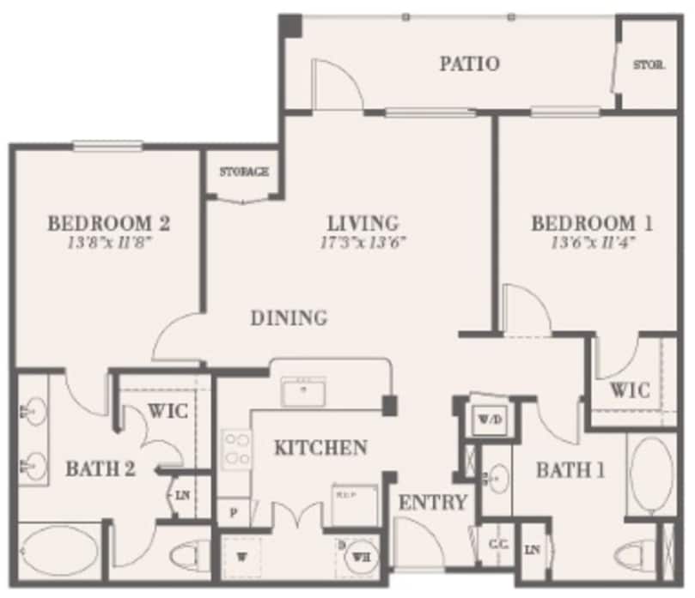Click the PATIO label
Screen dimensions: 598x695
tap(469, 63)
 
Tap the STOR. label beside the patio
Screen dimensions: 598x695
tap(649, 65)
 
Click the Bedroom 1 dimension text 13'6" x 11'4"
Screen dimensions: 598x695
tap(593, 242)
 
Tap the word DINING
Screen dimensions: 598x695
tap(290, 318)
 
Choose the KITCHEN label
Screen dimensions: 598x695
tap(321, 447)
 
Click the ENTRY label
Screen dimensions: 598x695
tap(433, 502)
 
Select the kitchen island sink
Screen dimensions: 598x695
tap(302, 393)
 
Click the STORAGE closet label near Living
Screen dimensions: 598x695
tap(244, 172)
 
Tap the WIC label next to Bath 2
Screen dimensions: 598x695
tap(169, 411)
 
